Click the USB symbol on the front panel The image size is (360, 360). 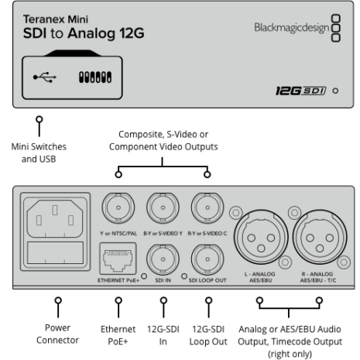click(x=45, y=77)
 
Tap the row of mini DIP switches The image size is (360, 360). click(x=95, y=77)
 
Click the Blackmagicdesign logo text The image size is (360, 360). click(x=292, y=28)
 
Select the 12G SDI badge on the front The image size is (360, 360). click(x=301, y=91)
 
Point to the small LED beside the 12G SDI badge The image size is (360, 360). click(x=335, y=91)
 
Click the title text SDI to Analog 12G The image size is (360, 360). click(x=84, y=33)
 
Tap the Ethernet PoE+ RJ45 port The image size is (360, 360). click(x=118, y=259)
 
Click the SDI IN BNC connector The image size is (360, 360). click(x=163, y=259)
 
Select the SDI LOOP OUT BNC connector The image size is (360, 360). click(x=207, y=259)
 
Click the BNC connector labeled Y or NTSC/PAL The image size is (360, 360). click(x=118, y=207)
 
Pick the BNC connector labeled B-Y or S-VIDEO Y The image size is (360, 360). click(x=163, y=207)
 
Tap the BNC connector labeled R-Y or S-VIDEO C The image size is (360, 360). click(x=207, y=207)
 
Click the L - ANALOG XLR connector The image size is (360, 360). click(x=261, y=237)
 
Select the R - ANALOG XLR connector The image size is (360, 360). click(x=320, y=237)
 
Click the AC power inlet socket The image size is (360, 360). click(x=55, y=218)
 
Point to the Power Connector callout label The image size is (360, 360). click(x=57, y=334)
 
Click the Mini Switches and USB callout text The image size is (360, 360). click(x=39, y=153)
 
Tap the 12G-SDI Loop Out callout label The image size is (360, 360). click(x=208, y=335)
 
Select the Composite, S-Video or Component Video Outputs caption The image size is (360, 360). click(x=163, y=140)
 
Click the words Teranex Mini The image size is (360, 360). click(x=56, y=19)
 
